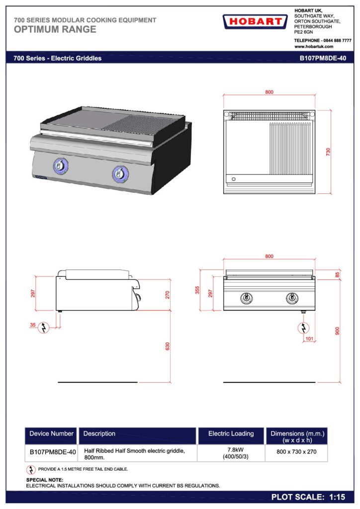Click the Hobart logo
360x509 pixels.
click(255, 22)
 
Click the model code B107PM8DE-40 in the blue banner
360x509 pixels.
click(323, 59)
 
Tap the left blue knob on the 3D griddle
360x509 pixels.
click(59, 166)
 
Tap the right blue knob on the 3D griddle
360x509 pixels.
click(120, 173)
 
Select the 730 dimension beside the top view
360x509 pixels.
click(328, 152)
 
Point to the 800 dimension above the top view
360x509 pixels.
click(269, 92)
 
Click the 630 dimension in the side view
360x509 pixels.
click(168, 346)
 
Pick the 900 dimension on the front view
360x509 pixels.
click(337, 331)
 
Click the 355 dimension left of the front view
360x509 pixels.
click(197, 290)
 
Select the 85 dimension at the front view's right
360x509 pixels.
click(337, 274)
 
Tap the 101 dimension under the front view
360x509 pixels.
click(309, 339)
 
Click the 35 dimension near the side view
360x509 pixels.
click(33, 325)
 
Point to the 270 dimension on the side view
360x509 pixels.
click(168, 295)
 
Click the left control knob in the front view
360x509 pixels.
click(247, 298)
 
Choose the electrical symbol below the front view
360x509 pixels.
click(303, 328)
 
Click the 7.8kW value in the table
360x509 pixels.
click(235, 450)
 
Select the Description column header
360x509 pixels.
click(99, 433)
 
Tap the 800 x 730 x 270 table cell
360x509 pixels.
click(296, 451)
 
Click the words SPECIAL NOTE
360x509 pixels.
click(45, 480)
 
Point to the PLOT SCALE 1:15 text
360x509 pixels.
click(308, 497)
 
